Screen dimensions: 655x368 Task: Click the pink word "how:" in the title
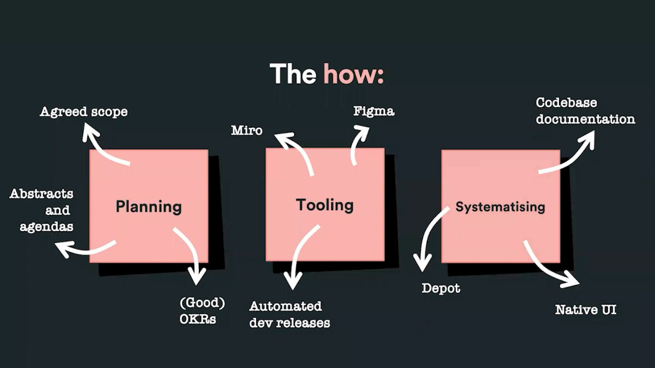[354, 74]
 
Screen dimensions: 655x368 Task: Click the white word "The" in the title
[293, 74]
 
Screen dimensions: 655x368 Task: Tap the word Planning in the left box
[149, 207]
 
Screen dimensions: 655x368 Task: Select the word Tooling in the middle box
[325, 205]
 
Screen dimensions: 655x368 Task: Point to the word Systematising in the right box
[500, 207]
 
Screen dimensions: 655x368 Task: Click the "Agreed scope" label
[84, 112]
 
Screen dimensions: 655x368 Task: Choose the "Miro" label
[247, 130]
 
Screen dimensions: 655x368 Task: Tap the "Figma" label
[374, 111]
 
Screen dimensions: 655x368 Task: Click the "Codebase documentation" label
[585, 111]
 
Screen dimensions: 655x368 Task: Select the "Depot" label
[441, 289]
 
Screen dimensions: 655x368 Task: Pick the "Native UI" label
[586, 310]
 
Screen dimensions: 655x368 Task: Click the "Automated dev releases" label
[289, 315]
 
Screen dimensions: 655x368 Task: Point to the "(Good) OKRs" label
[202, 311]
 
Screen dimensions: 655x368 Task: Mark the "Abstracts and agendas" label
[41, 210]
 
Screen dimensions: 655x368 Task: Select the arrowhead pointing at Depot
[422, 263]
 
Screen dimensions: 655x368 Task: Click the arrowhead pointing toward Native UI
[571, 279]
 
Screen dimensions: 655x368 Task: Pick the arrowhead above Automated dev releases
[293, 282]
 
